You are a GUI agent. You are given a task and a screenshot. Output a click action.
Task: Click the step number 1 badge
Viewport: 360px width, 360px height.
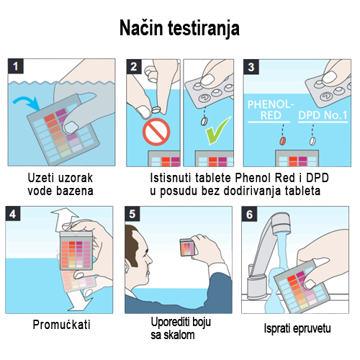(x=16, y=66)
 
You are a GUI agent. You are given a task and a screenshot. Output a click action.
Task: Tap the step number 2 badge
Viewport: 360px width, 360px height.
(x=134, y=66)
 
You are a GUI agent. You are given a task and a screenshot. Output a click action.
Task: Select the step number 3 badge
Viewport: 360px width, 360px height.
(x=251, y=67)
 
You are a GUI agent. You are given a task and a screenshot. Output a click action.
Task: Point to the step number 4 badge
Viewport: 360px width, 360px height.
(x=13, y=213)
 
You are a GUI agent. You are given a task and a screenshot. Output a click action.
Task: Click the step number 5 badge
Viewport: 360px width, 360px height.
(x=132, y=214)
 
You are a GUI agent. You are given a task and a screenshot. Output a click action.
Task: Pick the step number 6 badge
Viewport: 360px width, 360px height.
(x=249, y=214)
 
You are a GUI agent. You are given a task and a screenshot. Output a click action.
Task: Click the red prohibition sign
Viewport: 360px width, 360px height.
(x=156, y=132)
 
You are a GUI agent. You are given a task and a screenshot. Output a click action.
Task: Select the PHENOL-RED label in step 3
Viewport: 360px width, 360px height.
(x=271, y=109)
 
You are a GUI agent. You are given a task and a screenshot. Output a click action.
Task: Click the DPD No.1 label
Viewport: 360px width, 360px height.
(x=323, y=115)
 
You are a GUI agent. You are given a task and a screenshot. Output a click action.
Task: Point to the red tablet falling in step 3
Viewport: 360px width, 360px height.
(x=283, y=140)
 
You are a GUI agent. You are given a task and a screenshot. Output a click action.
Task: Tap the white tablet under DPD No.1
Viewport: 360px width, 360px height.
(x=312, y=141)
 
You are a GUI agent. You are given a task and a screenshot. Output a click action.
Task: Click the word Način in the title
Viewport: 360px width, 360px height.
(x=141, y=28)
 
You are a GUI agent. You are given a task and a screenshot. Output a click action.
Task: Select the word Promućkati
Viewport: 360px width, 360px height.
(x=61, y=325)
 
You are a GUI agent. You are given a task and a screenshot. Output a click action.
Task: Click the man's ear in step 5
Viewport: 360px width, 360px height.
(x=127, y=266)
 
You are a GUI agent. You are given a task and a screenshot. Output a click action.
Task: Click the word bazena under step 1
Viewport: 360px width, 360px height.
(x=74, y=191)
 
